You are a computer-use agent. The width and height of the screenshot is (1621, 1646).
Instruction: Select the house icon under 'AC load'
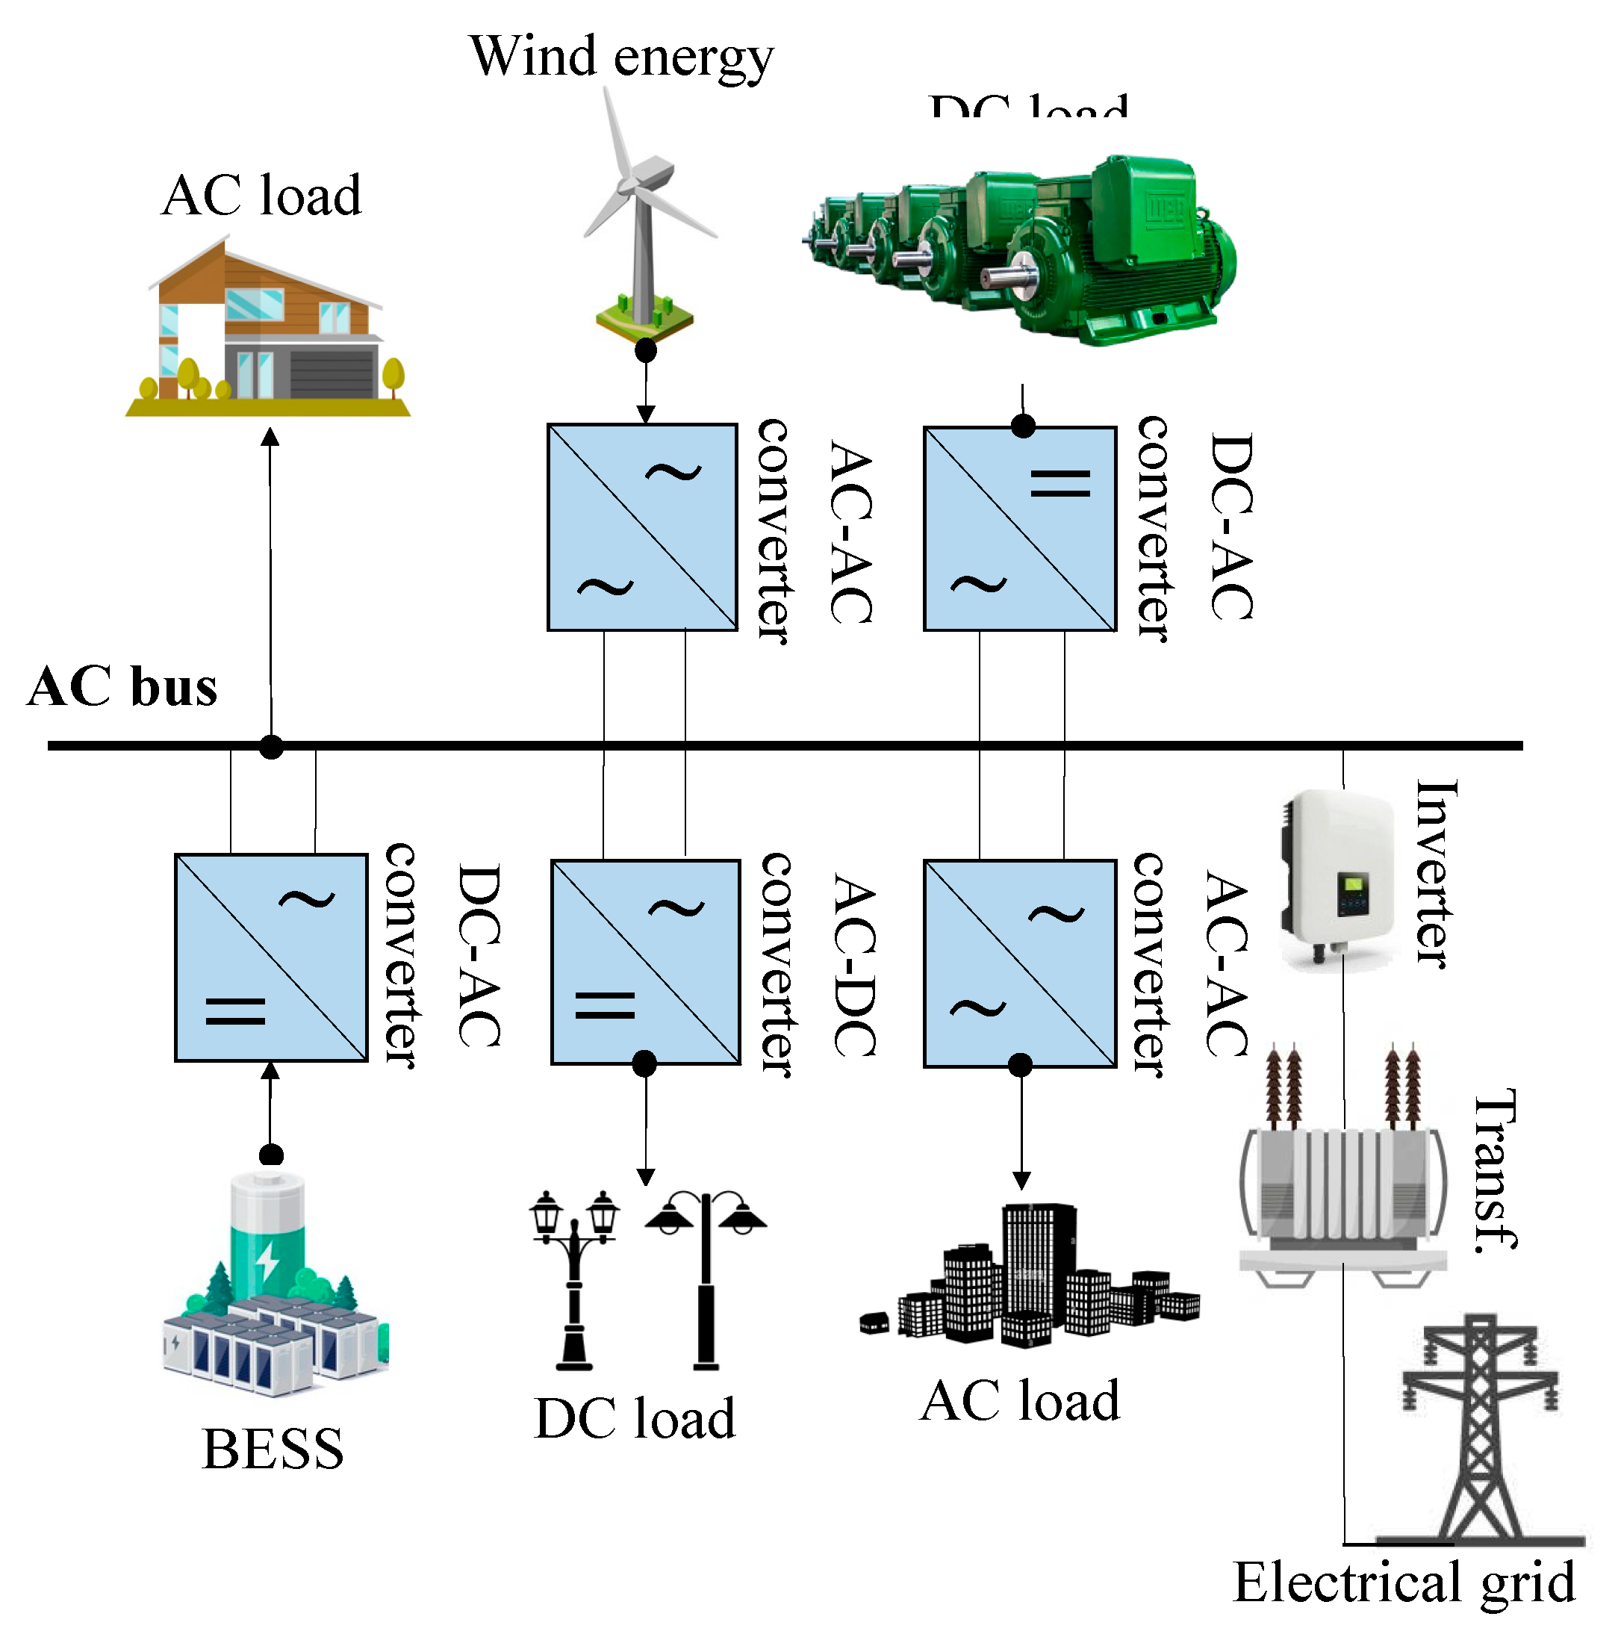268,328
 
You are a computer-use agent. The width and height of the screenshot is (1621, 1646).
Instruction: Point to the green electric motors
1021,251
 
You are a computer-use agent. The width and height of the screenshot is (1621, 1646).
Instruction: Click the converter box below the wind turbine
642,527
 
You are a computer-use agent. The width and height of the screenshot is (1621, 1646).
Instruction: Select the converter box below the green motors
1020,529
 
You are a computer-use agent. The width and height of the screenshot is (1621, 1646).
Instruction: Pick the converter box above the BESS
271,958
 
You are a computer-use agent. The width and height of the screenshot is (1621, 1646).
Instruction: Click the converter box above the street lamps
645,962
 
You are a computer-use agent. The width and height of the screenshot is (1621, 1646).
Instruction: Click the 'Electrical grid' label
1404,1582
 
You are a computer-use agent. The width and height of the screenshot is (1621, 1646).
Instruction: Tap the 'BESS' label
273,1448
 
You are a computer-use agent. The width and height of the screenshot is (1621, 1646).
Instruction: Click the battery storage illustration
273,1286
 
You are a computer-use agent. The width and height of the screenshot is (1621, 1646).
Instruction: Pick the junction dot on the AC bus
272,747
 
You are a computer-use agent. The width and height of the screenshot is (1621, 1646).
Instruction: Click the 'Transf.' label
1495,1171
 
